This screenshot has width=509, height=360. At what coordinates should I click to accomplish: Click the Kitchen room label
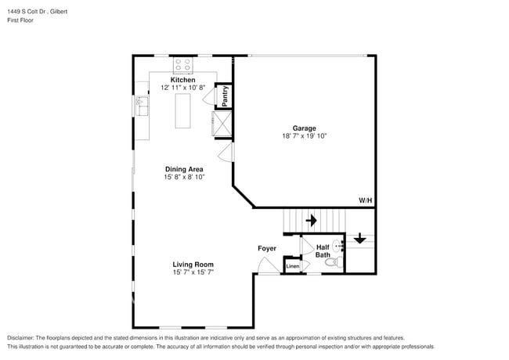[183, 80]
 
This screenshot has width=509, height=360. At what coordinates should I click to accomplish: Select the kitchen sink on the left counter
[141, 104]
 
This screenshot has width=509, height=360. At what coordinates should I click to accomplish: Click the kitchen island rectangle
[183, 109]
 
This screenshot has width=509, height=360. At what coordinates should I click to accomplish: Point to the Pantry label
[225, 95]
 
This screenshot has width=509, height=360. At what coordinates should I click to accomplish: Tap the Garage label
[304, 128]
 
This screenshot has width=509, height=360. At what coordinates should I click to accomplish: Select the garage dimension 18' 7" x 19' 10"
[304, 136]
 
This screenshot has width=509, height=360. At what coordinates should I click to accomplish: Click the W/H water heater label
[365, 200]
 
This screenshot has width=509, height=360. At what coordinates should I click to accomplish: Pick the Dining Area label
[184, 169]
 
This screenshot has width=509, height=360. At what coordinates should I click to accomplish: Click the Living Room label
[193, 265]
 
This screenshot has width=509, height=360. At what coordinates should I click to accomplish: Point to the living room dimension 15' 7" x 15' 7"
[193, 272]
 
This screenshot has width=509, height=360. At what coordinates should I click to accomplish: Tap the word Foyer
[267, 249]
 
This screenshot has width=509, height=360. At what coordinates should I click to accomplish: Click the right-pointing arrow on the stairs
[311, 221]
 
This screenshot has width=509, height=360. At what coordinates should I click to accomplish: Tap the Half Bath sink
[338, 245]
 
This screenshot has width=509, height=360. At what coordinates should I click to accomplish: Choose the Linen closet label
[292, 267]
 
